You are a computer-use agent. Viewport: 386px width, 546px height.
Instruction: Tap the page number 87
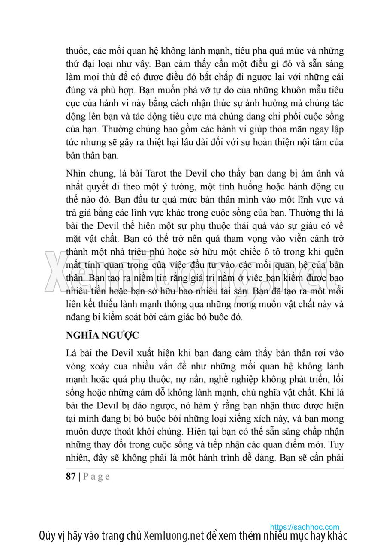(x=71, y=476)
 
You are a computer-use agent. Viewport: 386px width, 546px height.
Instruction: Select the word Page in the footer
(x=96, y=476)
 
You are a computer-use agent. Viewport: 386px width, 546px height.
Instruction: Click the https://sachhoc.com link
(x=305, y=527)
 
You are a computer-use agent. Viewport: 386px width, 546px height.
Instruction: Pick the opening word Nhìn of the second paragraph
(x=76, y=174)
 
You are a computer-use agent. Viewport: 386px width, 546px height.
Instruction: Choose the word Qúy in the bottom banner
(x=46, y=536)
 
